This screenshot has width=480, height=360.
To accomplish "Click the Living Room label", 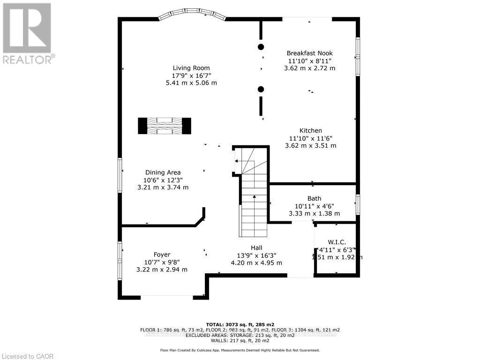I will (x=191, y=67).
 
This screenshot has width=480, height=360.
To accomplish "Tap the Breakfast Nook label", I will (x=309, y=53).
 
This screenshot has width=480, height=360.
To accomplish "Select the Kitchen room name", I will (x=311, y=131).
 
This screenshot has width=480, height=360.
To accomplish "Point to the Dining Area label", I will (x=163, y=172).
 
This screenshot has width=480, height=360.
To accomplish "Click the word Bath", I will (x=314, y=199).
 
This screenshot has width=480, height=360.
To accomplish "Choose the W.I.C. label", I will (x=337, y=242).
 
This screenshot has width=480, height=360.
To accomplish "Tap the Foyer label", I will (x=162, y=255).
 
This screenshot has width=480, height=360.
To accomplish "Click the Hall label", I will (x=256, y=248).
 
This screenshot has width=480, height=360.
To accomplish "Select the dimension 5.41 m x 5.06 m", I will (x=191, y=83).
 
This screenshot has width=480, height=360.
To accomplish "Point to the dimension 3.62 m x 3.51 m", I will (x=311, y=146).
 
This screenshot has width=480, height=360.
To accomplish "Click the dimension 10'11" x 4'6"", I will (x=314, y=206).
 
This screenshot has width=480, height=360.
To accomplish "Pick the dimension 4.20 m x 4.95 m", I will (x=256, y=263).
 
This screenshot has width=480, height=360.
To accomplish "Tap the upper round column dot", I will (x=261, y=46).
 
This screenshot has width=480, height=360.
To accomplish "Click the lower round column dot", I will (x=261, y=89).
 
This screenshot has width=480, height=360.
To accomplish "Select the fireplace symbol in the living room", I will (x=165, y=126).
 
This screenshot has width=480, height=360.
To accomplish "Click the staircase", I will (x=254, y=206).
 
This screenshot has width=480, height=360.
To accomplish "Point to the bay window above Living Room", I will (x=192, y=15).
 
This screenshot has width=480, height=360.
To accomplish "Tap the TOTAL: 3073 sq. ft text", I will (x=240, y=324).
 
